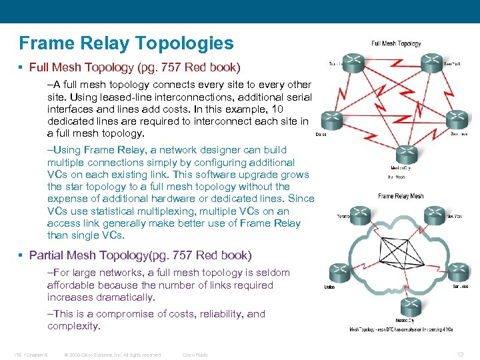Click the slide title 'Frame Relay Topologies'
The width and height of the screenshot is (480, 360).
[x=127, y=44]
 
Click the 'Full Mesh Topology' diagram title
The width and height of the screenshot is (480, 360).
[x=396, y=44]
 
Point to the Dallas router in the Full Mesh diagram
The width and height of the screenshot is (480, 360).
[x=332, y=121]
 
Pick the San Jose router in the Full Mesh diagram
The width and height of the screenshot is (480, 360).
[x=457, y=121]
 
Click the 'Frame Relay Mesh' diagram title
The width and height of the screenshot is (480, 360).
[x=401, y=196]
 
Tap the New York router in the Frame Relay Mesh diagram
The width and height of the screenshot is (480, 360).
[x=435, y=215]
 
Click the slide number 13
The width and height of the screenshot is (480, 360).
[x=461, y=354]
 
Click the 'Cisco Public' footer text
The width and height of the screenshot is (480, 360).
[x=195, y=355]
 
